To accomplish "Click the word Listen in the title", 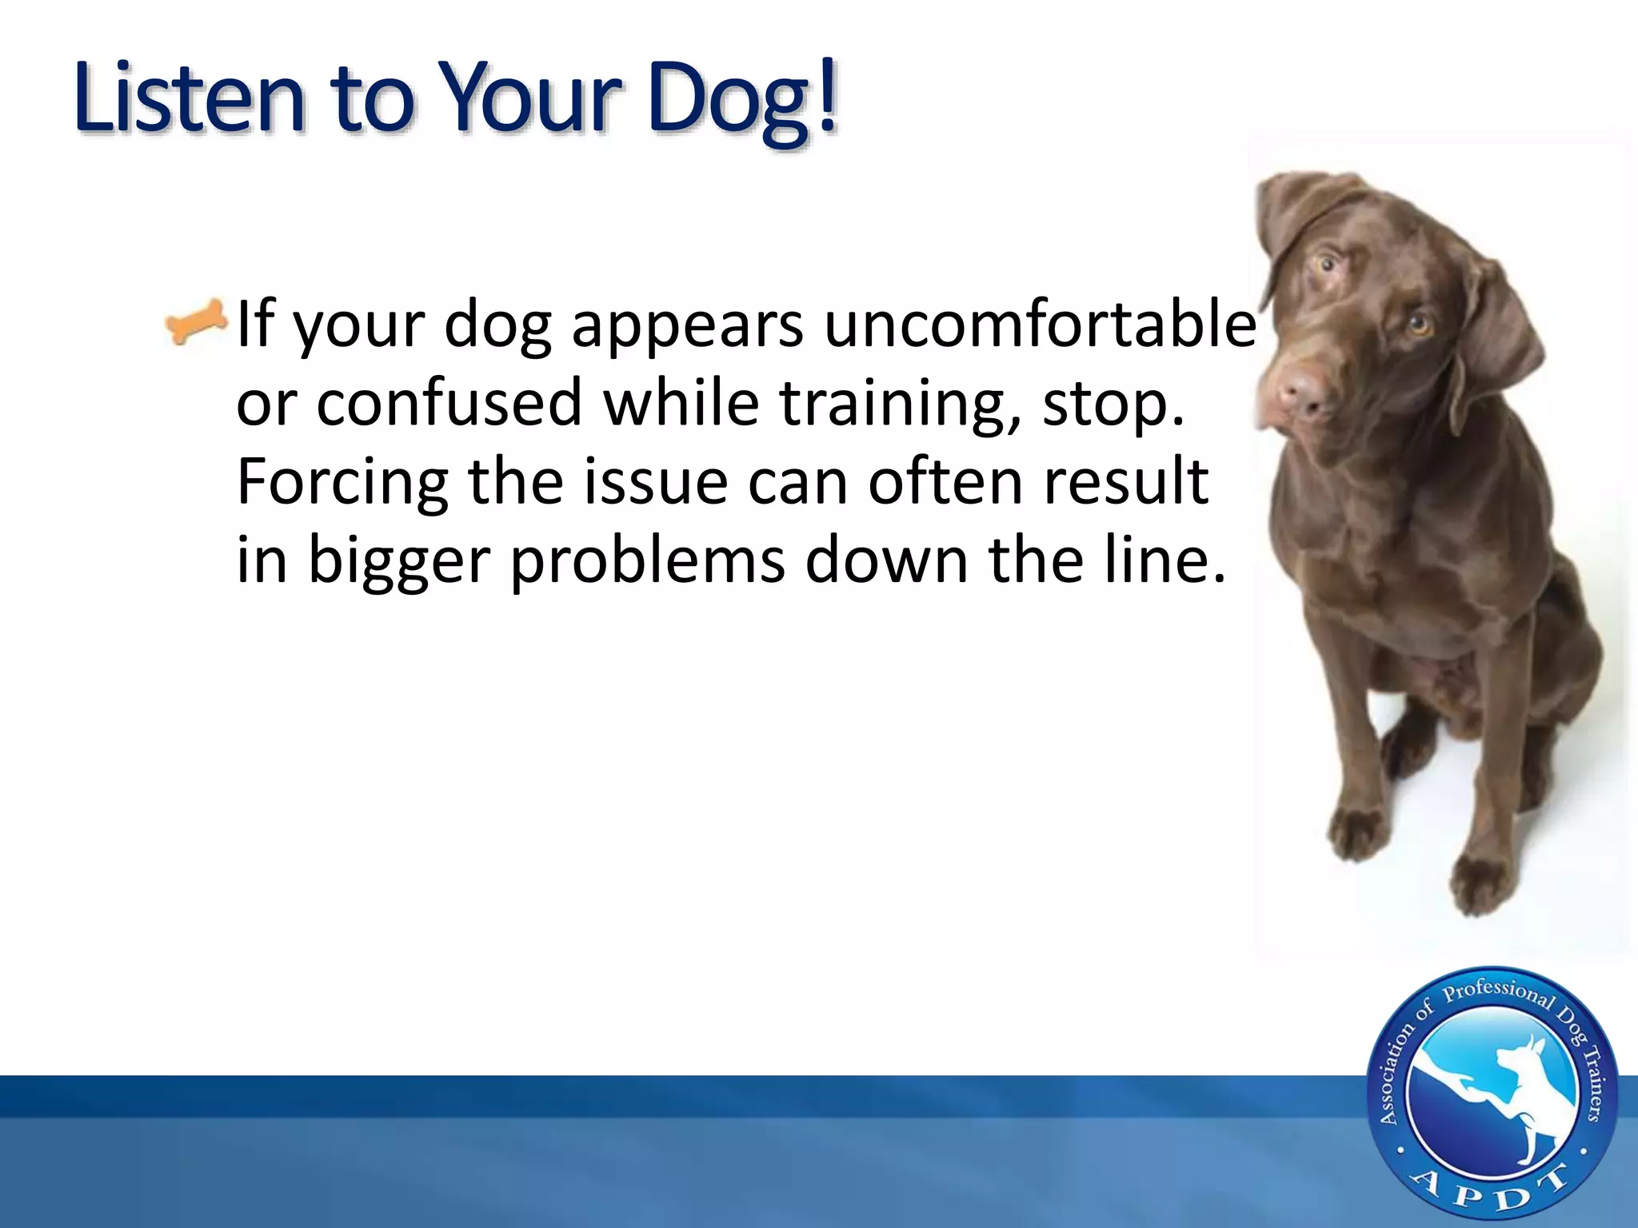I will [x=189, y=99].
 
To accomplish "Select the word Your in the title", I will [x=532, y=99].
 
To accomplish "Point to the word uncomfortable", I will [x=1040, y=324].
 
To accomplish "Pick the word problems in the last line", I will [x=648, y=560].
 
